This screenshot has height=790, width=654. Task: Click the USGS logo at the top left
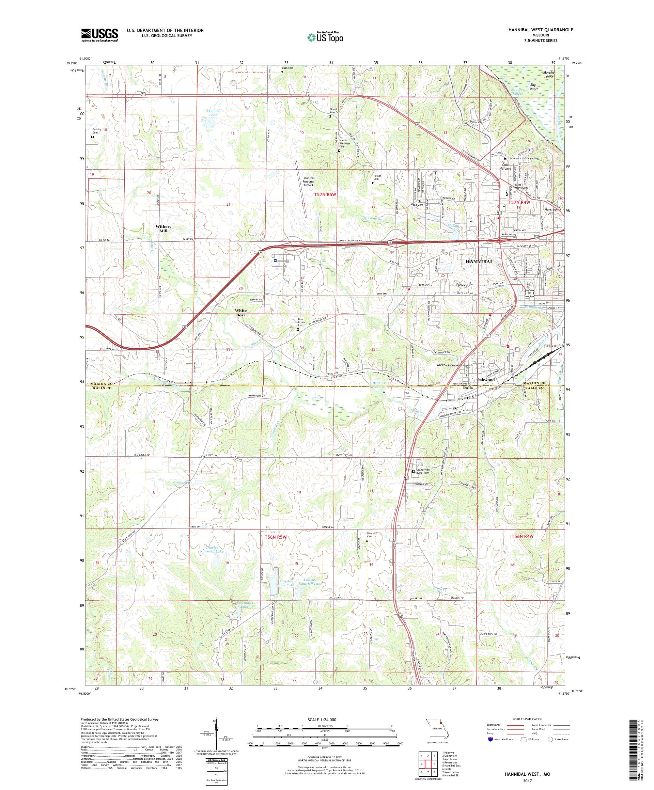[99, 35]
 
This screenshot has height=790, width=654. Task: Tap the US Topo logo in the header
[326, 37]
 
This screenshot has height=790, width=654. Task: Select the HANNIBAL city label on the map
[479, 262]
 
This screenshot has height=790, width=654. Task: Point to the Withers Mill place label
[163, 229]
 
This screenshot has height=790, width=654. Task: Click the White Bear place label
[241, 313]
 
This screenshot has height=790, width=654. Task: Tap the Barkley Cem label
[97, 130]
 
